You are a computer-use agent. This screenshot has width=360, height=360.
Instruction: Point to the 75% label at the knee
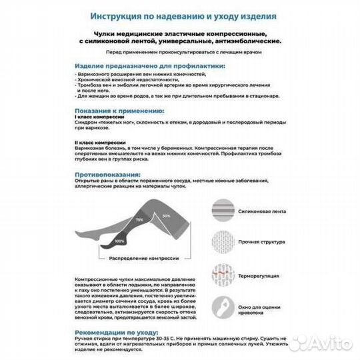tap(139, 219)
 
